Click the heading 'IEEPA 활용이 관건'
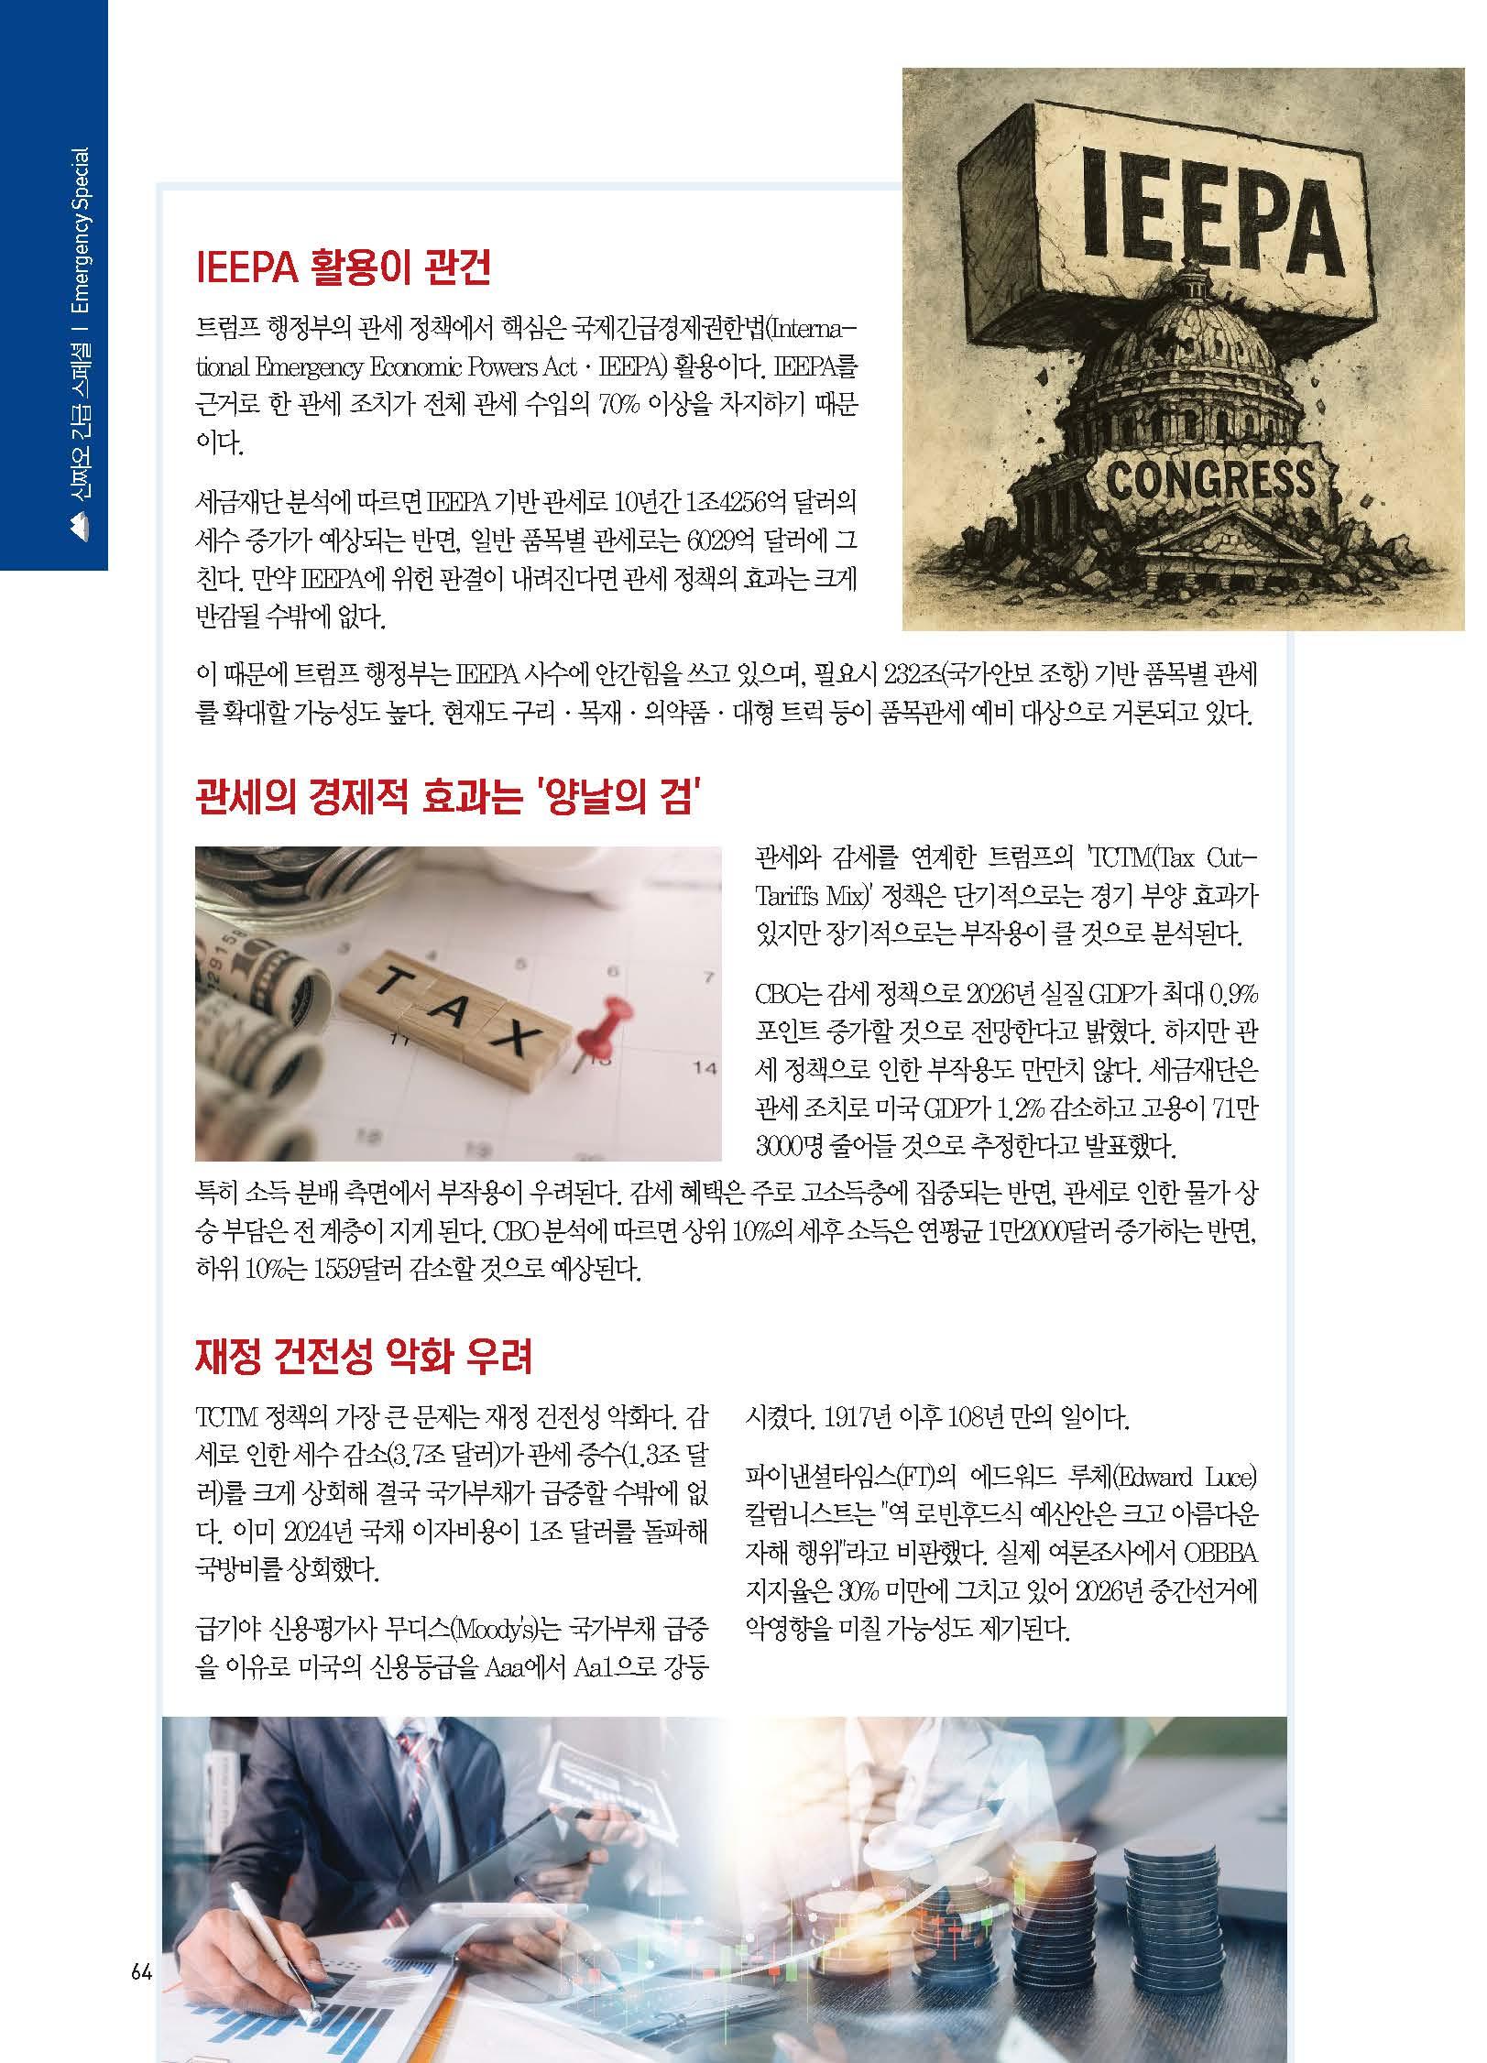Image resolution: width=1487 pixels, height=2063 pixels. (x=344, y=267)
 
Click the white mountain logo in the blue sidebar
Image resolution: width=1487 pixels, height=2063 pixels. (x=79, y=524)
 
